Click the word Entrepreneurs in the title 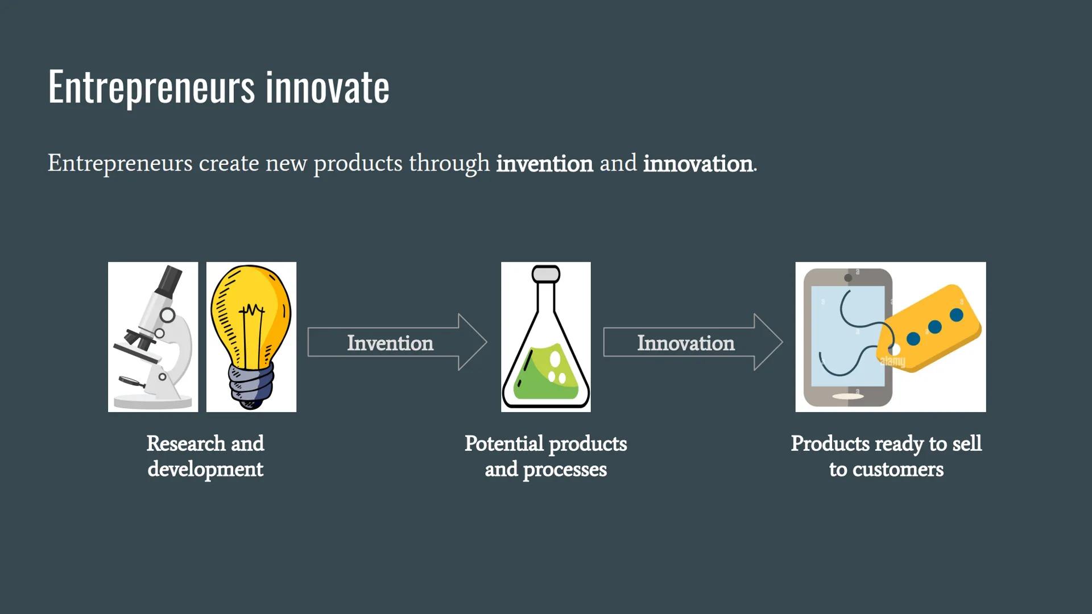151,88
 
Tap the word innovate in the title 328,88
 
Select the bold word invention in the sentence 544,164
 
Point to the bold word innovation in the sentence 698,164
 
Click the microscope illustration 153,337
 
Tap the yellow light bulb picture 251,337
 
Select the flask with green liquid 546,337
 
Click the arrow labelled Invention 397,342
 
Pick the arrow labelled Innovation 693,342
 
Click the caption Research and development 205,457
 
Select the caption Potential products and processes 546,457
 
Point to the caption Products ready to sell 886,444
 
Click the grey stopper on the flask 546,274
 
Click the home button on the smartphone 847,396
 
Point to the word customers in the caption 898,470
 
